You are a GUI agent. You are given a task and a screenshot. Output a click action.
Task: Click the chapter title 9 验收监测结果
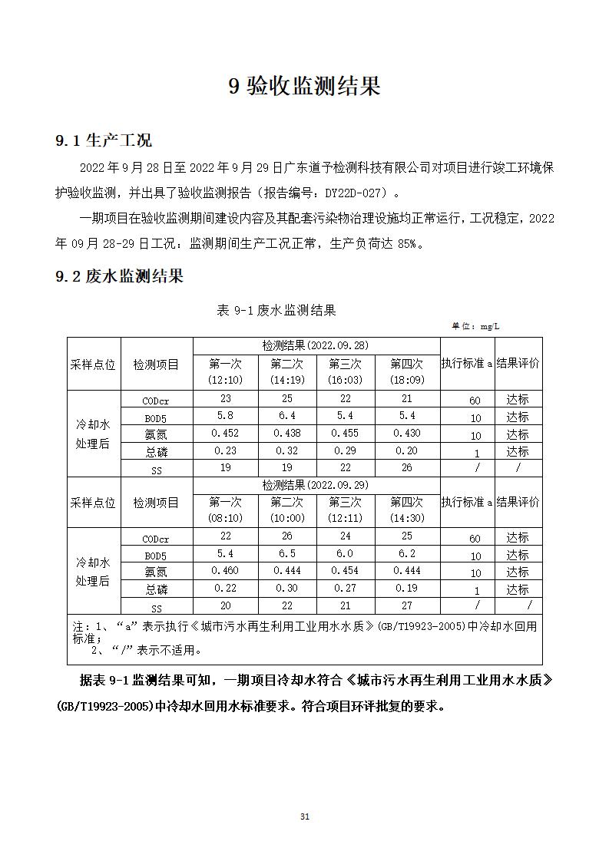[304, 86]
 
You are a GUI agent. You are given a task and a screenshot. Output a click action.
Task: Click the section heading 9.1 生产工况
[104, 140]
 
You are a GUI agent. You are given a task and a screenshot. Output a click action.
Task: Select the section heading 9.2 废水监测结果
[119, 276]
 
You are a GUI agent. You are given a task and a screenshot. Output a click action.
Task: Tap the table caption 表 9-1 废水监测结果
[276, 310]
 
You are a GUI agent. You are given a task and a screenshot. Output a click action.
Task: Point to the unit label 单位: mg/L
[475, 326]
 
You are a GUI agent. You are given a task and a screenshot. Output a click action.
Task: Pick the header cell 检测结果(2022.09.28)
[315, 346]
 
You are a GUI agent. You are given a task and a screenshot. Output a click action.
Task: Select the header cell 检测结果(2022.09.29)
[315, 485]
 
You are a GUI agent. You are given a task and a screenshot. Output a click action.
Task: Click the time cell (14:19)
[287, 380]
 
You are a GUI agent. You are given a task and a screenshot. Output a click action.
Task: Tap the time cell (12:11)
[345, 518]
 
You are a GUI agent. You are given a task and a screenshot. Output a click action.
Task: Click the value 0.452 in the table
[225, 433]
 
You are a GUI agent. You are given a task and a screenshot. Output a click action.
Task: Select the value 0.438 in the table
[287, 433]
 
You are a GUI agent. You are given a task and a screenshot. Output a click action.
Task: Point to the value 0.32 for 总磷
[287, 450]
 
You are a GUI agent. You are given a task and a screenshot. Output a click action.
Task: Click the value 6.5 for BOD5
[287, 553]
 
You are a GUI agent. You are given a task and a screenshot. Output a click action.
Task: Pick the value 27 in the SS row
[406, 605]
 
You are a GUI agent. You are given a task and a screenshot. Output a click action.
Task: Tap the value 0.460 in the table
[225, 570]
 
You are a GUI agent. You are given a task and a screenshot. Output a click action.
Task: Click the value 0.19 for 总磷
[406, 588]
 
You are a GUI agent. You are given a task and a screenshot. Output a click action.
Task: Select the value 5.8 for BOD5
[225, 415]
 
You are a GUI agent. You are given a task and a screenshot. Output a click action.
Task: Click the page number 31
[304, 816]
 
